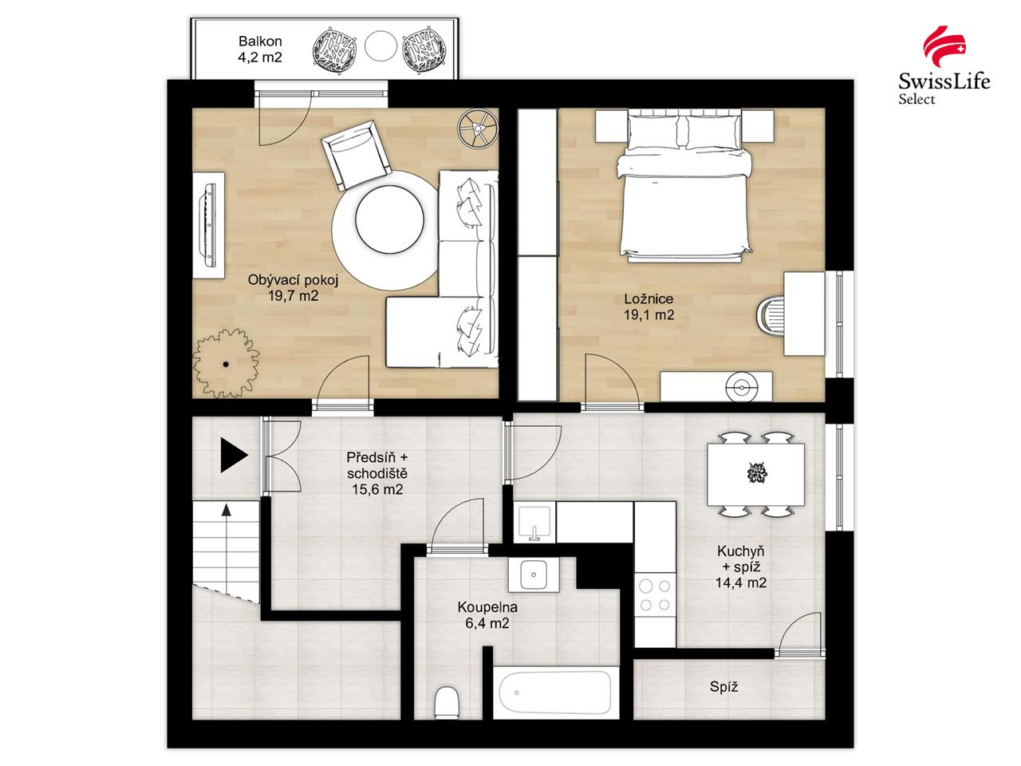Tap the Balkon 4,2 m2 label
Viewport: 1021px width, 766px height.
click(260, 49)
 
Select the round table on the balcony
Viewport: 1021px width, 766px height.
click(380, 45)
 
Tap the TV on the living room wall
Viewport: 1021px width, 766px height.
click(210, 224)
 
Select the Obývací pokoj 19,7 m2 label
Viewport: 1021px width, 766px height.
click(282, 288)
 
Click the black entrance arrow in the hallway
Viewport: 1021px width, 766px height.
click(234, 456)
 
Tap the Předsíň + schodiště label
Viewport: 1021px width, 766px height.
click(377, 472)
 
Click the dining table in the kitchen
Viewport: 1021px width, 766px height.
click(755, 474)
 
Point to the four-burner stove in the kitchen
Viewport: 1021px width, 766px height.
click(655, 595)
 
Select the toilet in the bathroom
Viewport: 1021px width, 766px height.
click(447, 702)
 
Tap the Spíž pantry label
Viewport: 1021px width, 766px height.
click(723, 686)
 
